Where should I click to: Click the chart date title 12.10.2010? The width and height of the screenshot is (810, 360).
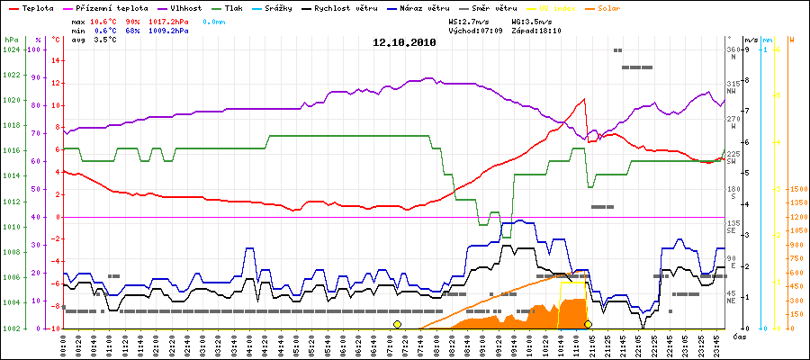(x=404, y=41)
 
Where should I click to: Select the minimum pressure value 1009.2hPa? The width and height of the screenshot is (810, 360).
(x=168, y=30)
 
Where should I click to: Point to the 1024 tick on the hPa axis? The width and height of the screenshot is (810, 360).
(x=11, y=50)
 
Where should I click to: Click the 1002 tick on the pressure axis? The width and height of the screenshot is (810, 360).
(x=11, y=328)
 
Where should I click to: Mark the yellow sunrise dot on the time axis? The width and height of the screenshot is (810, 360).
(x=397, y=324)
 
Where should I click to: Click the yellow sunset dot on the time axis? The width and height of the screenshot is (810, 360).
(x=588, y=324)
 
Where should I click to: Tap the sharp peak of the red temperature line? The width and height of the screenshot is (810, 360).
(x=584, y=99)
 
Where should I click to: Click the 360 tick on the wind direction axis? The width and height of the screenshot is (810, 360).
(x=733, y=49)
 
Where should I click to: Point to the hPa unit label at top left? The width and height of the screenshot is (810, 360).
(x=11, y=40)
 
